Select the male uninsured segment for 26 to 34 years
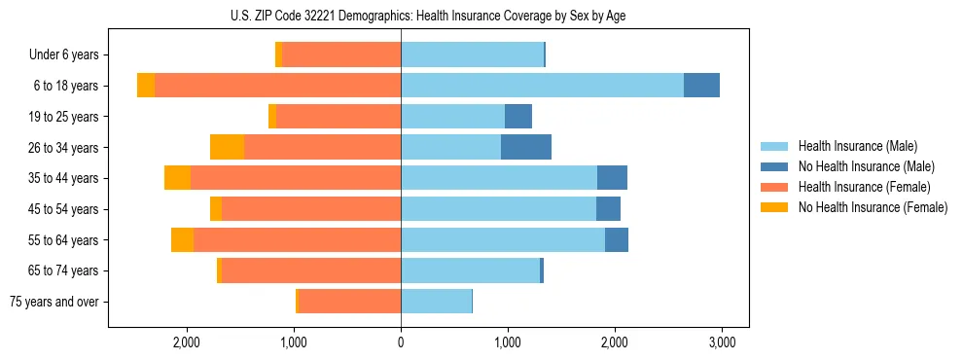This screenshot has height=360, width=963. pos(526,147)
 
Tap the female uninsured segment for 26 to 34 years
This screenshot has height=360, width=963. pos(227,147)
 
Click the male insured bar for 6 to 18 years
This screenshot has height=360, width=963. pos(542,86)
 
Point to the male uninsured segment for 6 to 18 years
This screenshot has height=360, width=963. pos(701,86)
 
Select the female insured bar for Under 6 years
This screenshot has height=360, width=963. pos(341,54)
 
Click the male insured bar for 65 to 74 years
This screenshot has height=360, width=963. pos(470,270)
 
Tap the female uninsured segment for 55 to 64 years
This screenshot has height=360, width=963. pos(182,239)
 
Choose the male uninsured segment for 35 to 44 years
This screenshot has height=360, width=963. pos(612,178)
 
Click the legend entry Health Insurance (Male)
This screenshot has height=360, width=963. pos(857,146)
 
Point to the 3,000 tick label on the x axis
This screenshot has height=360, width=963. pos(721,342)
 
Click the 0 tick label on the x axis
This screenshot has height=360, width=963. pos(401,342)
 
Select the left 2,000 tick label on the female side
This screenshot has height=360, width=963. pos(186,342)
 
